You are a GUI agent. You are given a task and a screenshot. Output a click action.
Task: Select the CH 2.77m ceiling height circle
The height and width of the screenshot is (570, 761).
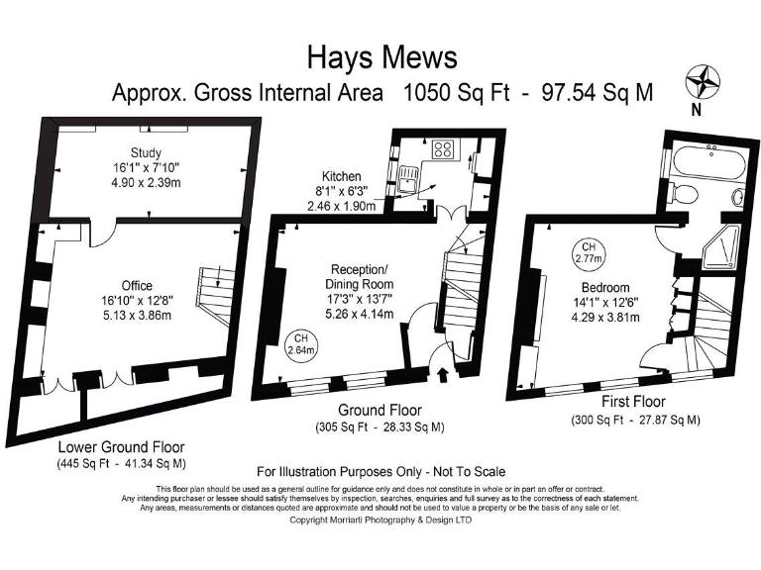588,252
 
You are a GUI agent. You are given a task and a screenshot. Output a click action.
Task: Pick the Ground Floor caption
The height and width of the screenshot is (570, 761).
380,410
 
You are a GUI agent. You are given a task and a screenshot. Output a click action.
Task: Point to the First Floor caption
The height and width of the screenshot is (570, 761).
634,402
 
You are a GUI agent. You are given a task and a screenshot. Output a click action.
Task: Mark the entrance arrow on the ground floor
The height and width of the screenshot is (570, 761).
441,374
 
